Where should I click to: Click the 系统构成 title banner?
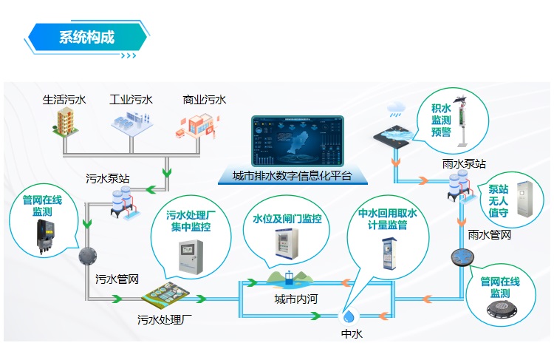[x=86, y=37]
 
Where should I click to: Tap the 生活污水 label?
[x=64, y=99]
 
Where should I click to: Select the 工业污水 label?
[x=131, y=99]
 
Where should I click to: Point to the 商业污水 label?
[x=204, y=99]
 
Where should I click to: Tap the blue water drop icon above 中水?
[x=349, y=316]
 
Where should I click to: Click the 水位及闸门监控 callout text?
[x=287, y=219]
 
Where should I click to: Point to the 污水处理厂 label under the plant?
[x=165, y=321]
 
